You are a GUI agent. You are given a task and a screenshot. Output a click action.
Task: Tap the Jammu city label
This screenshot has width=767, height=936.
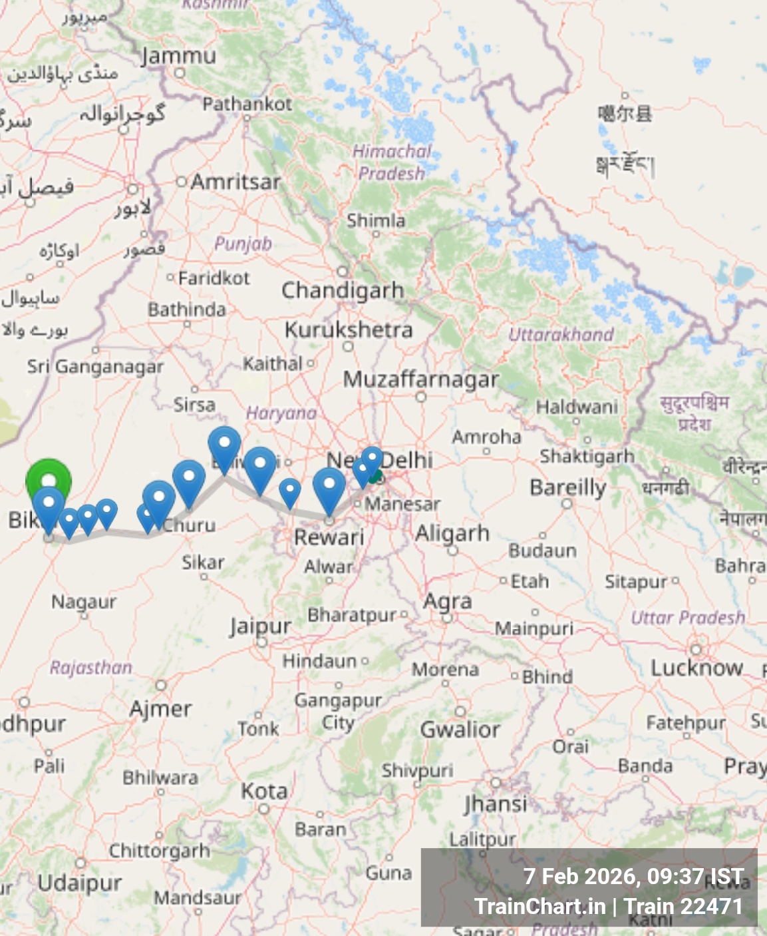point(179,56)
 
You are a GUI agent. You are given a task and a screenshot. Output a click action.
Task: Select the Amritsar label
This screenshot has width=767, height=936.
point(235,182)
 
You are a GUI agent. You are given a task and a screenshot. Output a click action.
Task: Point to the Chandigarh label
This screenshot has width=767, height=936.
point(343,290)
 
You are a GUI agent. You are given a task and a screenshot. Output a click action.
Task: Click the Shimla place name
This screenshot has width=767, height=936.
point(376,220)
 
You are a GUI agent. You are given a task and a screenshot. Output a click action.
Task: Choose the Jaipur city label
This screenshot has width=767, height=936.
point(260,626)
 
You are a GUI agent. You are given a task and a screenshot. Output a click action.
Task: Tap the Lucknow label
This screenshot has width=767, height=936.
point(696,668)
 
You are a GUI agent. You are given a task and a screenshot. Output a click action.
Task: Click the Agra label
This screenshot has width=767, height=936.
point(448,601)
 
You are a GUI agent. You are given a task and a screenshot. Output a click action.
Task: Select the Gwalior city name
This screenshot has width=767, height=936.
point(460,730)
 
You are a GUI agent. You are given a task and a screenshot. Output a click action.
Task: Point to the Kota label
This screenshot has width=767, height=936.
point(264,792)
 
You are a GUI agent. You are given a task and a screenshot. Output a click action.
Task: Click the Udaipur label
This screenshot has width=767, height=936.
point(80,883)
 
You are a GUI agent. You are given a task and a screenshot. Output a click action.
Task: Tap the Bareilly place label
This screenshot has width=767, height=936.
point(567,488)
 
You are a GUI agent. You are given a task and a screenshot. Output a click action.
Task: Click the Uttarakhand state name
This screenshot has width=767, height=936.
point(561,334)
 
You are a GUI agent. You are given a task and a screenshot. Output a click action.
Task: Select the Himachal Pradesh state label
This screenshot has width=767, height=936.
point(391,162)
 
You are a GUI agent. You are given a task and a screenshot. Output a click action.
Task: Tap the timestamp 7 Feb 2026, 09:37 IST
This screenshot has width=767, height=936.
point(633,877)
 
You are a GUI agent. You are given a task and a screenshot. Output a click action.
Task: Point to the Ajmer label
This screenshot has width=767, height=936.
point(160,709)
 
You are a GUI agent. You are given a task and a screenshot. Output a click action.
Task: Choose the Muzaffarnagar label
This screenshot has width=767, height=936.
point(420,379)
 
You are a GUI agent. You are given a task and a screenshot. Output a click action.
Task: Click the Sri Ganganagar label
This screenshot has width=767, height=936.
point(95,366)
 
